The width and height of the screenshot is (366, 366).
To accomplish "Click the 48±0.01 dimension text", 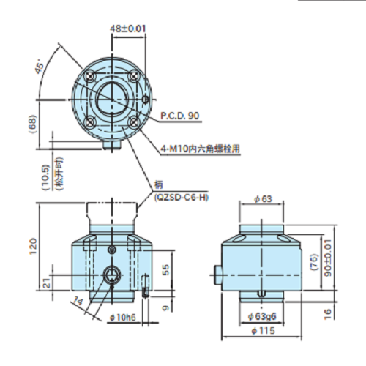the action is pos(128,29).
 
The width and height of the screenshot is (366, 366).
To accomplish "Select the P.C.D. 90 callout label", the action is pos(180,116).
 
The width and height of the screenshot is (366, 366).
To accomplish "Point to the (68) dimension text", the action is pos(32,124).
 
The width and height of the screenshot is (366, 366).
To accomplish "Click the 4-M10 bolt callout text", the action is pos(200,149).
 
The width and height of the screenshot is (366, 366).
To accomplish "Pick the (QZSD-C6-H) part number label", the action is pos(182,197).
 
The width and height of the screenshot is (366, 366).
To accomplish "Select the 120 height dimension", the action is pos(33,247).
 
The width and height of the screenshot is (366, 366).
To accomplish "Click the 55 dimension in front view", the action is pos(165,269).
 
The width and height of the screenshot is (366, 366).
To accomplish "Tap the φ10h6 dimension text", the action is pos(123,317).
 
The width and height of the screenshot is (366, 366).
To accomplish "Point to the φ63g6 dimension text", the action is pos(262,316).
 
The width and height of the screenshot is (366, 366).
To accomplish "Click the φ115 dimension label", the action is pos(263,331).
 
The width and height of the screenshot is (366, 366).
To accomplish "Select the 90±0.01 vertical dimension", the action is pos(328,258).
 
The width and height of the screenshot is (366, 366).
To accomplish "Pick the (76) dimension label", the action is pos(315,262).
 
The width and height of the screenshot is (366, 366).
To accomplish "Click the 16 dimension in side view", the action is pos(328,314).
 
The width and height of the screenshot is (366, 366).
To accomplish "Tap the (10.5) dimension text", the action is pos(46,178).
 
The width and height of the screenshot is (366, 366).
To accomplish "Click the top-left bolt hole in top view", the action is pos(91,77).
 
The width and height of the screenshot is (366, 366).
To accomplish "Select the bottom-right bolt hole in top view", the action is pos(133,122).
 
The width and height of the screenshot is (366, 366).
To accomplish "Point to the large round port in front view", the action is pos(112,274).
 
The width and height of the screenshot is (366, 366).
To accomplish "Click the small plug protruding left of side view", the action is pos(218,274).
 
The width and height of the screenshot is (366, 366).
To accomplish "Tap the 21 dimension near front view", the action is pos(47,283).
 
